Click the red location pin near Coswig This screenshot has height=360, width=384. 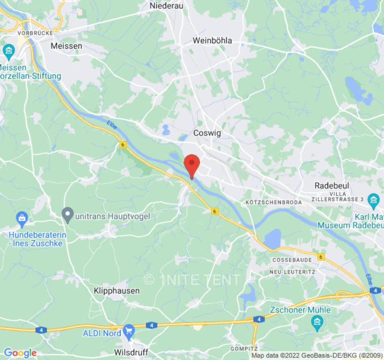pyautogui.click(x=192, y=165)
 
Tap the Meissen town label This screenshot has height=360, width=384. pyautogui.click(x=67, y=46)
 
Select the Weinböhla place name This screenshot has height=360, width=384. pyautogui.click(x=212, y=40)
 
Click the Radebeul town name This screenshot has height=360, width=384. pyautogui.click(x=332, y=185)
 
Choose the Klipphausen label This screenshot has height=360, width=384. pyautogui.click(x=117, y=291)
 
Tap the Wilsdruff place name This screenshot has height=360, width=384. pyautogui.click(x=131, y=351)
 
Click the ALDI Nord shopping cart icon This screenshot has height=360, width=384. pyautogui.click(x=129, y=330)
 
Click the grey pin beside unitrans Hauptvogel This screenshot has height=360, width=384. pyautogui.click(x=68, y=215)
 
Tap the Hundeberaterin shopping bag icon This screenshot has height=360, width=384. pyautogui.click(x=22, y=219)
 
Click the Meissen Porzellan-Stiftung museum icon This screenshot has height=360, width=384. pyautogui.click(x=9, y=50)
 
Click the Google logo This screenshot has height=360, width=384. pyautogui.click(x=20, y=353)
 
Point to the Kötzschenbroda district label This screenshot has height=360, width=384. pyautogui.click(x=274, y=202)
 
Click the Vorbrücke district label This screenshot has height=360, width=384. pyautogui.click(x=35, y=33)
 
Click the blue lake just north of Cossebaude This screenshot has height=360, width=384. pyautogui.click(x=272, y=238)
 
